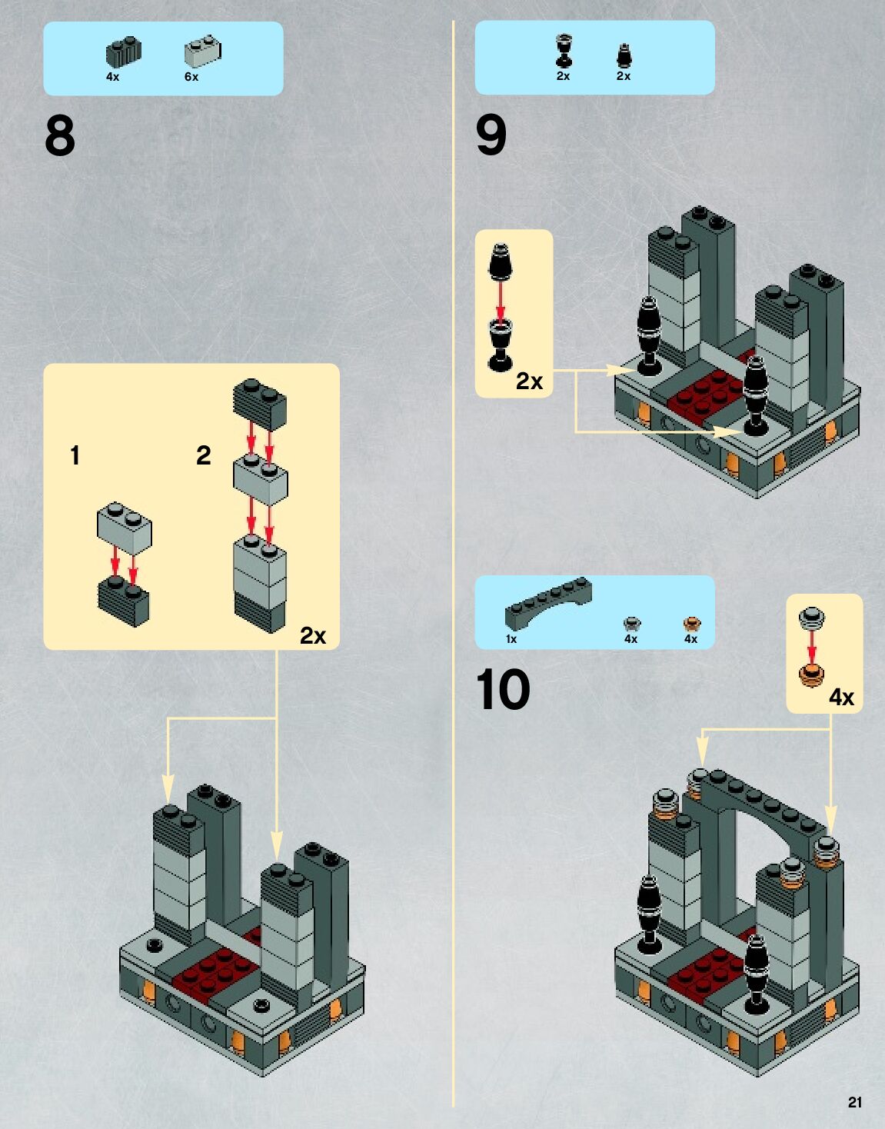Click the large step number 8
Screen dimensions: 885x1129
pyautogui.click(x=60, y=136)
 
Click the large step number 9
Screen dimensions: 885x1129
pyautogui.click(x=491, y=135)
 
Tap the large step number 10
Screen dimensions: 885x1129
pyautogui.click(x=503, y=689)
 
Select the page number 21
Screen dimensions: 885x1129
pyautogui.click(x=855, y=1102)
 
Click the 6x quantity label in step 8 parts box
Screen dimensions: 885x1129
pyautogui.click(x=191, y=77)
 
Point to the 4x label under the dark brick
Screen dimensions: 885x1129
pyautogui.click(x=113, y=77)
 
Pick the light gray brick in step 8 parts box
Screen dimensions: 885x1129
pyautogui.click(x=202, y=51)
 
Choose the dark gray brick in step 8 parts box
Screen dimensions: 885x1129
pyautogui.click(x=123, y=51)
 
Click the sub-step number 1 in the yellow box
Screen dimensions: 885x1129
pyautogui.click(x=75, y=455)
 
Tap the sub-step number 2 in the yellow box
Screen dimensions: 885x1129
pyautogui.click(x=203, y=455)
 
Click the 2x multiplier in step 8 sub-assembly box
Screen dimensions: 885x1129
pyautogui.click(x=313, y=635)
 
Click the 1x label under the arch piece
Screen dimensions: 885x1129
pyautogui.click(x=511, y=639)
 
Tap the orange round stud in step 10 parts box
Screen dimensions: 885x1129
pyautogui.click(x=692, y=624)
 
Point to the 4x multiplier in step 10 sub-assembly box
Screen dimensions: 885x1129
pyautogui.click(x=841, y=697)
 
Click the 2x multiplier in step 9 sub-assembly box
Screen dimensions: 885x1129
pyautogui.click(x=529, y=381)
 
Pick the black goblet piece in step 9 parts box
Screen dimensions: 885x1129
pyautogui.click(x=564, y=51)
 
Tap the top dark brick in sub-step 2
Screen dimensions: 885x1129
pyautogui.click(x=260, y=403)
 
